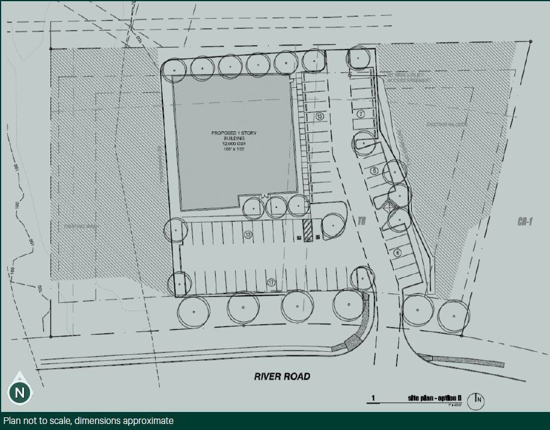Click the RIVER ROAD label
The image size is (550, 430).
point(282,376)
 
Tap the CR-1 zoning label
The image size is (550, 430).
point(525,221)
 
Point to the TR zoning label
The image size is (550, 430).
point(361,221)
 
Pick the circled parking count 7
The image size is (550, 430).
point(361,114)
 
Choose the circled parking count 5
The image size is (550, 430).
point(374,171)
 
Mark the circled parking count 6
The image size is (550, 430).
point(397,253)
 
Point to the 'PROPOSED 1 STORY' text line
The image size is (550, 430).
point(234,132)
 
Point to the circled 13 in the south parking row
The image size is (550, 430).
point(248,235)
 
